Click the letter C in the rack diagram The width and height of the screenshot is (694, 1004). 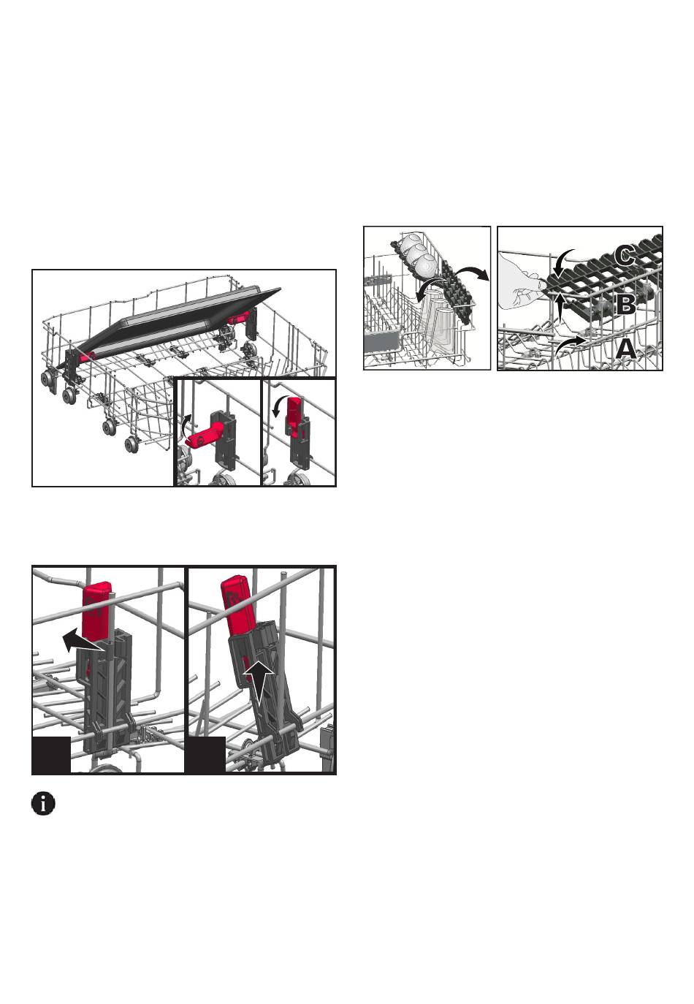pyautogui.click(x=624, y=256)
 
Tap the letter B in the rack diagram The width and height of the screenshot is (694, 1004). pyautogui.click(x=625, y=305)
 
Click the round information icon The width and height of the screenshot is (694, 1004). pyautogui.click(x=43, y=803)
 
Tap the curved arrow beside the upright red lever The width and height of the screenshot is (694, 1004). pyautogui.click(x=277, y=403)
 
